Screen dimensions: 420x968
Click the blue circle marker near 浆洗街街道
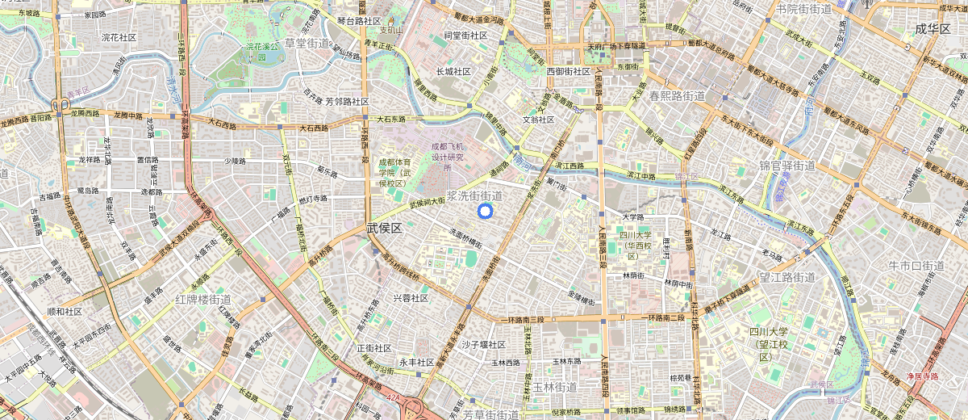pos(485,212)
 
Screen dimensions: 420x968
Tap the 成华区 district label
pos(933,29)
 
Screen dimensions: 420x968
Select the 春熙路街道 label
pos(678,96)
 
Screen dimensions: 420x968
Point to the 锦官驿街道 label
pos(787,166)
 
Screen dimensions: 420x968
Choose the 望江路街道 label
pos(786,278)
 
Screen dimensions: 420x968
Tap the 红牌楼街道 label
pos(203,300)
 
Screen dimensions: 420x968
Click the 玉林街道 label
pos(555,387)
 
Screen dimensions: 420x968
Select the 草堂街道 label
pos(307,43)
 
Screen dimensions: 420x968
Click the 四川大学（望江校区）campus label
pos(771,344)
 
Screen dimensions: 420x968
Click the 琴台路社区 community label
pos(359,21)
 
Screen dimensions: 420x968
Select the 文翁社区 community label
pos(539,120)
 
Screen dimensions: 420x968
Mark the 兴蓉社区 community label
pos(411,298)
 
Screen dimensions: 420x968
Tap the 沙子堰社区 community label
pos(483,345)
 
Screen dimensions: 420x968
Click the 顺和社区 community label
pos(65,311)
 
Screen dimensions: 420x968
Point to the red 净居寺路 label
pos(922,376)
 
